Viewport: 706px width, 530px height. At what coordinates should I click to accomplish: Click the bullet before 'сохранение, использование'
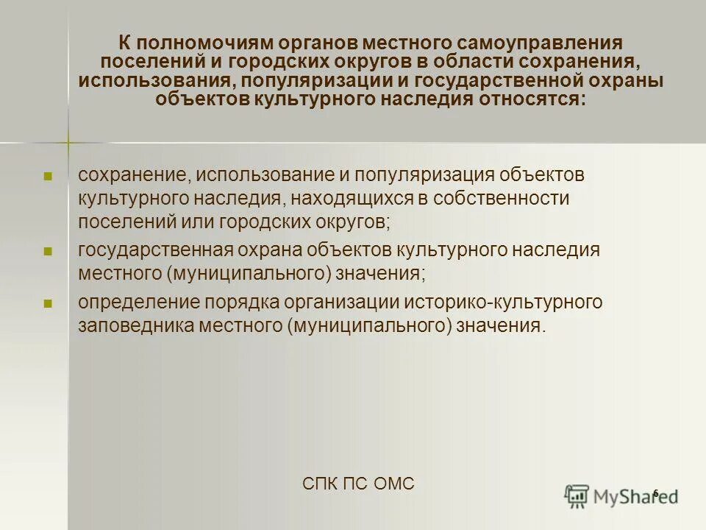(x=48, y=177)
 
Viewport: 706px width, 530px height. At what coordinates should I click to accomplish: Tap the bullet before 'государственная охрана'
(x=48, y=251)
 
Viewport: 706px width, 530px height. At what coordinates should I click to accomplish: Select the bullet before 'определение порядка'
(x=48, y=303)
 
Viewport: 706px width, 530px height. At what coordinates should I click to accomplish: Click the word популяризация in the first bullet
(x=427, y=176)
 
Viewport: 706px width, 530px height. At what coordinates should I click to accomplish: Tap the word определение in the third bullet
(x=138, y=303)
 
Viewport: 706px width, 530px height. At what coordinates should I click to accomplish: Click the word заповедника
(x=135, y=325)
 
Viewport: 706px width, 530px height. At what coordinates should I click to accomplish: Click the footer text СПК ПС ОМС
(x=358, y=484)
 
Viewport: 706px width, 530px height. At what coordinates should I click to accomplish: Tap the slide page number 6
(x=655, y=492)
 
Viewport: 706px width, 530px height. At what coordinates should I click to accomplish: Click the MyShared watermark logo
(x=621, y=495)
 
